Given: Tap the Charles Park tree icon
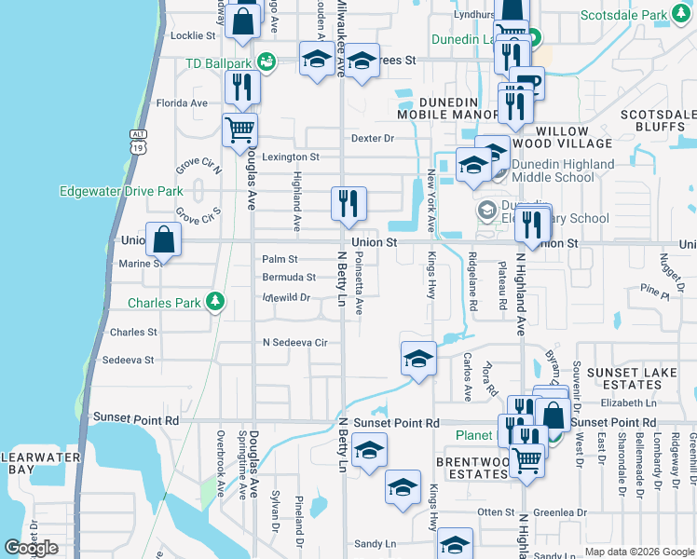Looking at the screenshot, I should [215, 301].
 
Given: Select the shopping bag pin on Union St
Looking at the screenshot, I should [164, 239].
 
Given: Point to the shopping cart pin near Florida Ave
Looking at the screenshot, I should [240, 130].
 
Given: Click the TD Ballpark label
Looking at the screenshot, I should [218, 63].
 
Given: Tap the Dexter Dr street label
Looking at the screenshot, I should [373, 138].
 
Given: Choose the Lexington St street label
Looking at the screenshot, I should [290, 157].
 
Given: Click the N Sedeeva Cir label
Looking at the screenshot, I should [294, 342].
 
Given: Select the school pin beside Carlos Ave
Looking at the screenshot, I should [418, 360].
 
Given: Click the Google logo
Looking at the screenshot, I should [32, 548].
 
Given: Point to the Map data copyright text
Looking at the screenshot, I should [639, 552].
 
